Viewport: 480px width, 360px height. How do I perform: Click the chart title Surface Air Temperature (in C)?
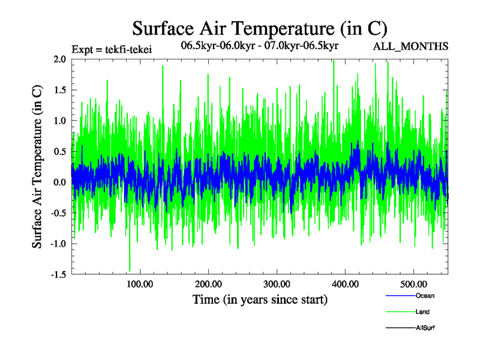click(260, 28)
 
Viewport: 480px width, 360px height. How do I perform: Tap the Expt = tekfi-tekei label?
click(111, 50)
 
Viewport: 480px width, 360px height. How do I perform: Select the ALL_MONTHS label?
click(411, 46)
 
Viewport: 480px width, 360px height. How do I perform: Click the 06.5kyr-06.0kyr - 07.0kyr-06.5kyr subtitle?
click(260, 46)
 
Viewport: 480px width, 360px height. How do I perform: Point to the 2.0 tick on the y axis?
click(59, 59)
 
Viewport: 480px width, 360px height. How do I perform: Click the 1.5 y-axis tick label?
click(59, 90)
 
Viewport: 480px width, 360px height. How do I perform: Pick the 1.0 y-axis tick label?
click(59, 121)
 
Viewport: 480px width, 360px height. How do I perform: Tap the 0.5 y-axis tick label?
click(59, 151)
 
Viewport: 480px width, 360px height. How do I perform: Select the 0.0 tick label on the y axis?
click(59, 182)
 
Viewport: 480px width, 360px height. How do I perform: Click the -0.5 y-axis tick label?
click(57, 213)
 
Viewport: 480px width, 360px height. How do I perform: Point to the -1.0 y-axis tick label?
click(57, 244)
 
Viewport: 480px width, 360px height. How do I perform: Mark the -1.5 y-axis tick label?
click(57, 274)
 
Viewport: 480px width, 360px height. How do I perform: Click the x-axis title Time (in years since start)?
click(260, 299)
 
